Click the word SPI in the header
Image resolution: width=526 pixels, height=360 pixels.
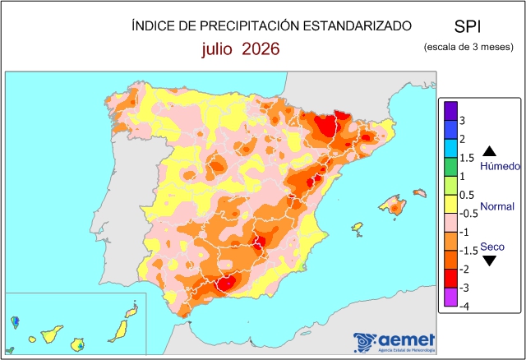coord(468,26)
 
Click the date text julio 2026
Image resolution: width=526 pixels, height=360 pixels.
coord(241,49)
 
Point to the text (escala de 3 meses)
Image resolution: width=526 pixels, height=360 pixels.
coord(468,47)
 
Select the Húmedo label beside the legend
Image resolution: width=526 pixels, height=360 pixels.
coord(500,166)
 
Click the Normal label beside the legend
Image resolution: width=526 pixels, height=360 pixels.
coord(497,206)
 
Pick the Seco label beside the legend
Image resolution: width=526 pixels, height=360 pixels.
coord(492,247)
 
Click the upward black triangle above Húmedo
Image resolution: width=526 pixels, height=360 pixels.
coord(490,151)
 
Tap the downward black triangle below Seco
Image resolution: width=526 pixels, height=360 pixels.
coord(490,261)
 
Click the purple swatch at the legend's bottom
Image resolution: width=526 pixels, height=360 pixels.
coord(451,297)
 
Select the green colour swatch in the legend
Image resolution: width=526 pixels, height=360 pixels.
coord(451,167)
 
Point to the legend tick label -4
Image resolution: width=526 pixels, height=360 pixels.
coord(464,307)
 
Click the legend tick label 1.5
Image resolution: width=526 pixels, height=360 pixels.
coord(467,158)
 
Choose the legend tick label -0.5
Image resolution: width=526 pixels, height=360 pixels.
coord(468,214)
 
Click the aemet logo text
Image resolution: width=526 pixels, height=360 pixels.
coord(407,340)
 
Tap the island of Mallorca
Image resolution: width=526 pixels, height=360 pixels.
coord(393,205)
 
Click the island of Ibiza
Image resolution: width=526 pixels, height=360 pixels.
coord(358,228)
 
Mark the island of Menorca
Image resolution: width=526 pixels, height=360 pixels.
coord(420,192)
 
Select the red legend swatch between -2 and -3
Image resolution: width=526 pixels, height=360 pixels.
coord(451,279)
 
